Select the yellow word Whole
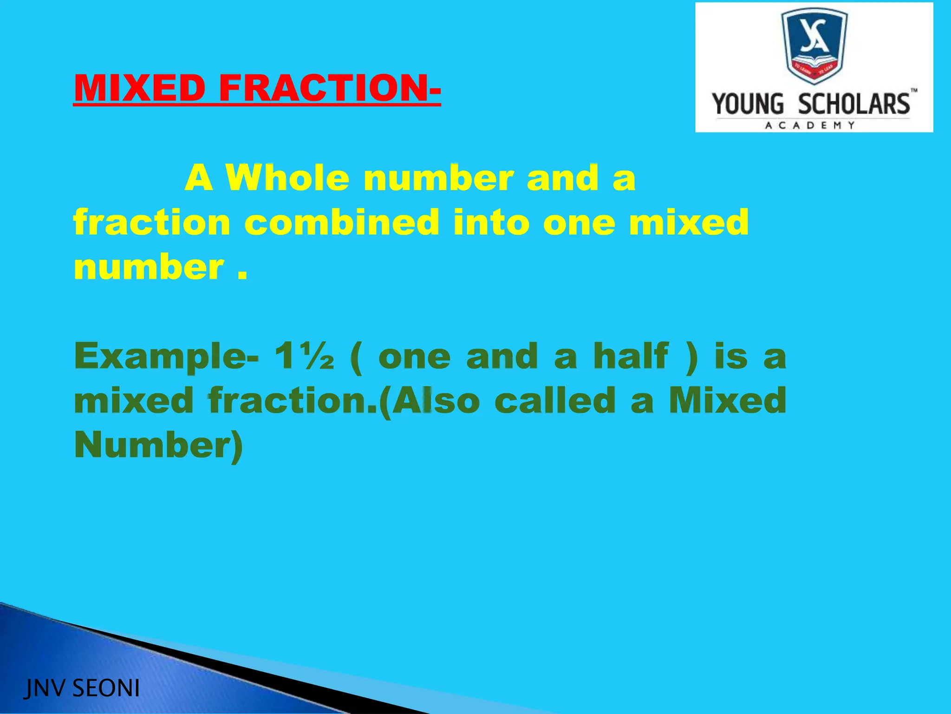pos(287,178)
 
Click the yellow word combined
pos(342,222)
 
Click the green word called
pos(555,400)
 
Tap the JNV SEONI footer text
pos(82,688)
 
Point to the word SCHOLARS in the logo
pos(854,104)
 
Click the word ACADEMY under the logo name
pos(810,125)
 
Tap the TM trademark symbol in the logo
pos(913,91)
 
